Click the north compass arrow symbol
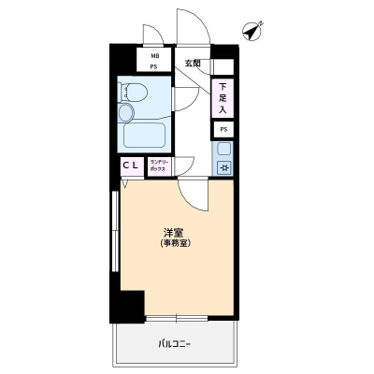[252, 31]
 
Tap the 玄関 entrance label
[193, 64]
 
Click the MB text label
[154, 56]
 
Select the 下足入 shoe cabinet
[223, 98]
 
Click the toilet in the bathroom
[133, 92]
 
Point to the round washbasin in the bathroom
[125, 112]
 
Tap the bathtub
[144, 136]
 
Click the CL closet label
[130, 165]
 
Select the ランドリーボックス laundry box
[160, 166]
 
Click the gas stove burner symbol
[224, 168]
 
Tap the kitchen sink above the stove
[224, 150]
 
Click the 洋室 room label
[173, 233]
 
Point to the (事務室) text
[175, 243]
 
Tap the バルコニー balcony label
[175, 344]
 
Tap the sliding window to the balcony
[177, 318]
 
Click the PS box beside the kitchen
[223, 130]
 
